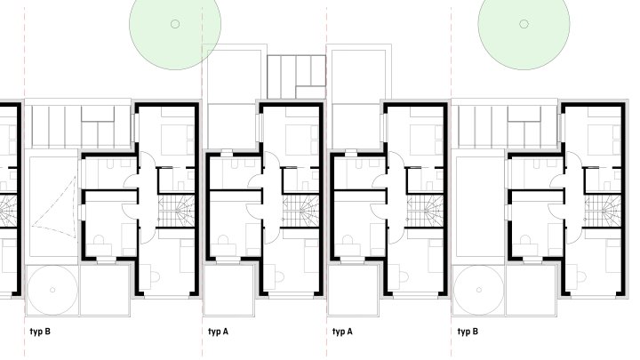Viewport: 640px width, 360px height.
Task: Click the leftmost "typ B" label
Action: pyautogui.click(x=40, y=332)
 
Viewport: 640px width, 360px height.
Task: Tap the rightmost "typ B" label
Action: pyautogui.click(x=468, y=332)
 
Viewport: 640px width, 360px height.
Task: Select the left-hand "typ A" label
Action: pyautogui.click(x=218, y=332)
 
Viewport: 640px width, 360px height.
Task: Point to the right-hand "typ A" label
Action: pyautogui.click(x=342, y=332)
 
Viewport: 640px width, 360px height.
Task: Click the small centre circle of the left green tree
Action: pyautogui.click(x=175, y=24)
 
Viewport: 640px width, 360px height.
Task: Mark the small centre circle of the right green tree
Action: pyautogui.click(x=524, y=24)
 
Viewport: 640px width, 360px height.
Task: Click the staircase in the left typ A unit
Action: pyautogui.click(x=300, y=211)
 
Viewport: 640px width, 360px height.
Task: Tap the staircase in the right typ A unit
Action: pyautogui.click(x=425, y=211)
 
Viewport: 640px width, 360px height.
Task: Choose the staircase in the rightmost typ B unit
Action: pyautogui.click(x=603, y=211)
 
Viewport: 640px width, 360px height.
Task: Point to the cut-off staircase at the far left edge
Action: pyautogui.click(x=8, y=211)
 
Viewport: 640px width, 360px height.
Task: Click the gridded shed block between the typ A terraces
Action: pyautogui.click(x=296, y=76)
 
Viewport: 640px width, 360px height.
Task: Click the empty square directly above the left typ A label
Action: pyautogui.click(x=228, y=290)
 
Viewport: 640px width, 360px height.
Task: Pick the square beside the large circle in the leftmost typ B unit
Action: pyautogui.click(x=105, y=290)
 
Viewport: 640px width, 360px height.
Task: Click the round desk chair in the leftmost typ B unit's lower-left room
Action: pyautogui.click(x=99, y=240)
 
